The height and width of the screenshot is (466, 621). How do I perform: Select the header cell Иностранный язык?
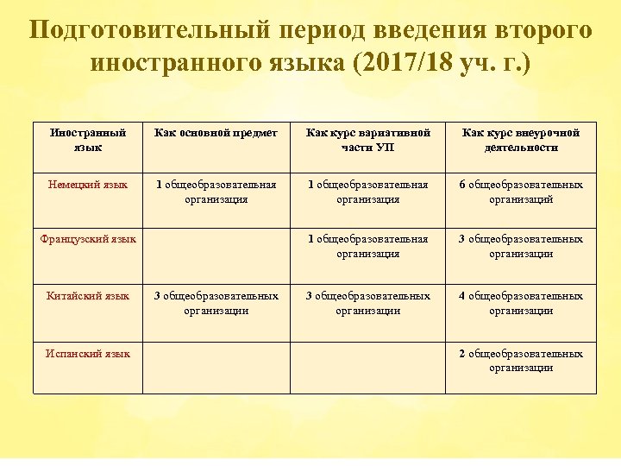tap(87, 140)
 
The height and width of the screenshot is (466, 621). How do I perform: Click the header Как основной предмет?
tap(216, 133)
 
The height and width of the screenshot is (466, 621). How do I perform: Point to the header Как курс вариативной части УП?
tap(368, 140)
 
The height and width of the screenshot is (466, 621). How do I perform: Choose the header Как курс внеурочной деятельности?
tap(521, 140)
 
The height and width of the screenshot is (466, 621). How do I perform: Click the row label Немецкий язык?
tap(87, 184)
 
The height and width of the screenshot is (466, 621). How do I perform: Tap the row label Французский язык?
tap(88, 239)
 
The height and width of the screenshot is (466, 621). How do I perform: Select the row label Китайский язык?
tap(87, 296)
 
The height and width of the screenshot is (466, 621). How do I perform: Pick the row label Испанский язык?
tap(88, 353)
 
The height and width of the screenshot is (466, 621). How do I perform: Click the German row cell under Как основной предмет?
tap(216, 191)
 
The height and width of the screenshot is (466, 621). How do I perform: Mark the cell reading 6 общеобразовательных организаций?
tap(521, 191)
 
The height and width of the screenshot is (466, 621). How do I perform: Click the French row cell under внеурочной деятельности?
tap(521, 246)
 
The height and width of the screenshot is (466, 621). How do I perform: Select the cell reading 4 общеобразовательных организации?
tap(521, 303)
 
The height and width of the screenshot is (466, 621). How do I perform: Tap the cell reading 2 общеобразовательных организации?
tap(521, 360)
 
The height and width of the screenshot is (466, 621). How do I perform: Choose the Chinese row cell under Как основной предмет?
tap(216, 303)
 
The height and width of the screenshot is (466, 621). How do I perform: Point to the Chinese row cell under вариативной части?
tap(368, 303)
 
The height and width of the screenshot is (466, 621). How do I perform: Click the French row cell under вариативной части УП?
tap(368, 246)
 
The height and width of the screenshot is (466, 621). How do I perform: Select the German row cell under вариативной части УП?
tap(368, 191)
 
